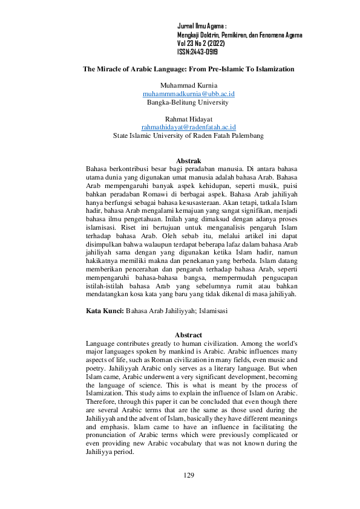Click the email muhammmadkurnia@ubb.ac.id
click(x=188, y=94)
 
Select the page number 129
click(x=188, y=476)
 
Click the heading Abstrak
click(x=188, y=161)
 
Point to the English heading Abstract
click(x=188, y=335)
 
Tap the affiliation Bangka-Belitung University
click(x=188, y=103)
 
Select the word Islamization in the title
click(x=272, y=70)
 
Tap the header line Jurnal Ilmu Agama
click(x=201, y=27)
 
